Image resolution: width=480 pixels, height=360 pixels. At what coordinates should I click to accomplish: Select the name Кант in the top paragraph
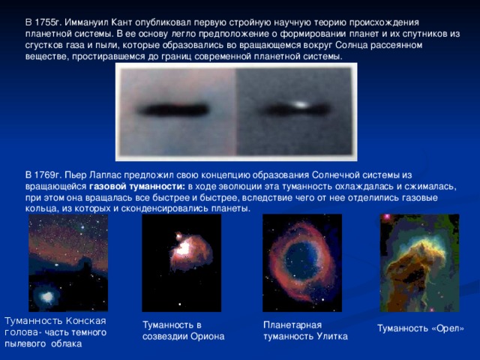[121, 22]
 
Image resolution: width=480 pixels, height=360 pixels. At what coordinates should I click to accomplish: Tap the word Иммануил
[86, 22]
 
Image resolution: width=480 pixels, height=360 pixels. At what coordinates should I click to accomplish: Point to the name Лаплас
[106, 175]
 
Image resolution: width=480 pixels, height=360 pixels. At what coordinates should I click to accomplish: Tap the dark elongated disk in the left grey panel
[174, 109]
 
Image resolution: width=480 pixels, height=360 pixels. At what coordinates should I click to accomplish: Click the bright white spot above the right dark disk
[301, 105]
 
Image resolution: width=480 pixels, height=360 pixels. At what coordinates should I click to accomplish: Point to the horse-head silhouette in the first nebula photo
[85, 265]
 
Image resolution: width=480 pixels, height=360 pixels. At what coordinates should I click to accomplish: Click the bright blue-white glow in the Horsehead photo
[47, 296]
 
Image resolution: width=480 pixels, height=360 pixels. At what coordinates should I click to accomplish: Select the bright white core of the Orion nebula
[184, 247]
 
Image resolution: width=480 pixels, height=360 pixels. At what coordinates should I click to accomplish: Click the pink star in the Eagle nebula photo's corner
[387, 217]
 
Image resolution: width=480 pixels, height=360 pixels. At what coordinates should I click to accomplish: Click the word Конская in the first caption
[86, 321]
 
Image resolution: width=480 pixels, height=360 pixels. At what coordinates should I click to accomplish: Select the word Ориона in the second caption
[208, 337]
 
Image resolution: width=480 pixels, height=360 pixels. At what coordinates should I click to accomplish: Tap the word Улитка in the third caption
[332, 337]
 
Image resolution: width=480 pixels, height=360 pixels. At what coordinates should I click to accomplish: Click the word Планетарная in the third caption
[292, 325]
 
